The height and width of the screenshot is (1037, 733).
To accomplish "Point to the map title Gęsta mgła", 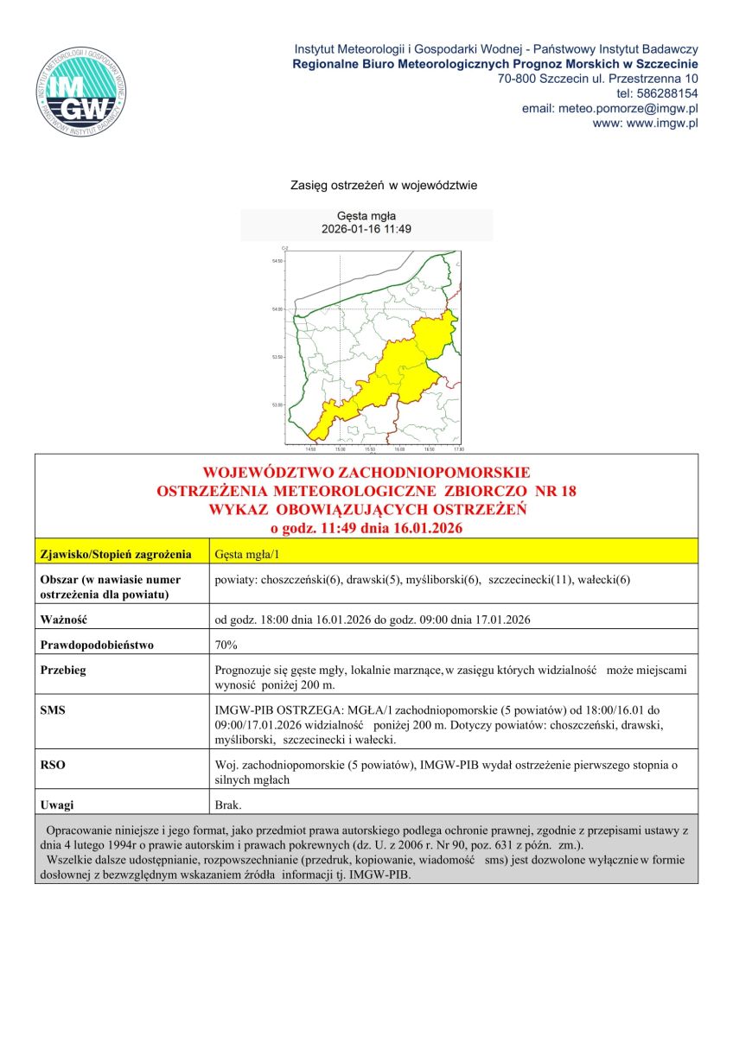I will click(366, 217).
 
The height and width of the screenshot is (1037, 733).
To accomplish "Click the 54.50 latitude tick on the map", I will click(277, 261).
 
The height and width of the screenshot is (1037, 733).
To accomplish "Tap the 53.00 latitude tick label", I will click(277, 404).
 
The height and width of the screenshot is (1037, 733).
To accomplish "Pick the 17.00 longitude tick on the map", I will click(458, 449).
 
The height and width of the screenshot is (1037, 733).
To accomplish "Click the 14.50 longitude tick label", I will click(311, 449).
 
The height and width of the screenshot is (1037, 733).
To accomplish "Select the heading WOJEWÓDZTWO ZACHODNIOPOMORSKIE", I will click(366, 474).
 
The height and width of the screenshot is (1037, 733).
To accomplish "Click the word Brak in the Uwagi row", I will click(228, 805).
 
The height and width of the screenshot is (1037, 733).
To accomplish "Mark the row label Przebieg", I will click(63, 670).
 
